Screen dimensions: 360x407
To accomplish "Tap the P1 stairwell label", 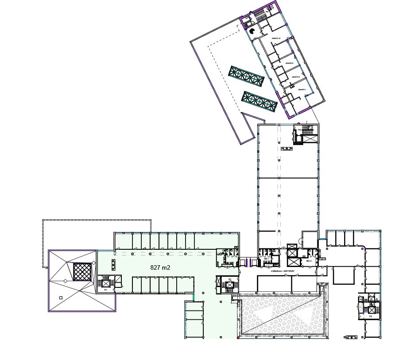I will [106, 290].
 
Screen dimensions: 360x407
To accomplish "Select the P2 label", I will [230, 279].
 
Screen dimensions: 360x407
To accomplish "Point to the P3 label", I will [370, 317].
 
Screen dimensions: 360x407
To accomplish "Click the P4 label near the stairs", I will [299, 129].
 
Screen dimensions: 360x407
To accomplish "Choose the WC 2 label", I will [309, 261].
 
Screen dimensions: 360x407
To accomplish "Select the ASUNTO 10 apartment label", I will [276, 39].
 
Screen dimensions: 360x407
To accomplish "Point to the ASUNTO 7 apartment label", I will [302, 90].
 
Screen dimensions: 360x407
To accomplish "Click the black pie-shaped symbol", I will [251, 31].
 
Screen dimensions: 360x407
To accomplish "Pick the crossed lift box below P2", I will [229, 285].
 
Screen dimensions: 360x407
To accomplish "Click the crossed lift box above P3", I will [371, 310].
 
